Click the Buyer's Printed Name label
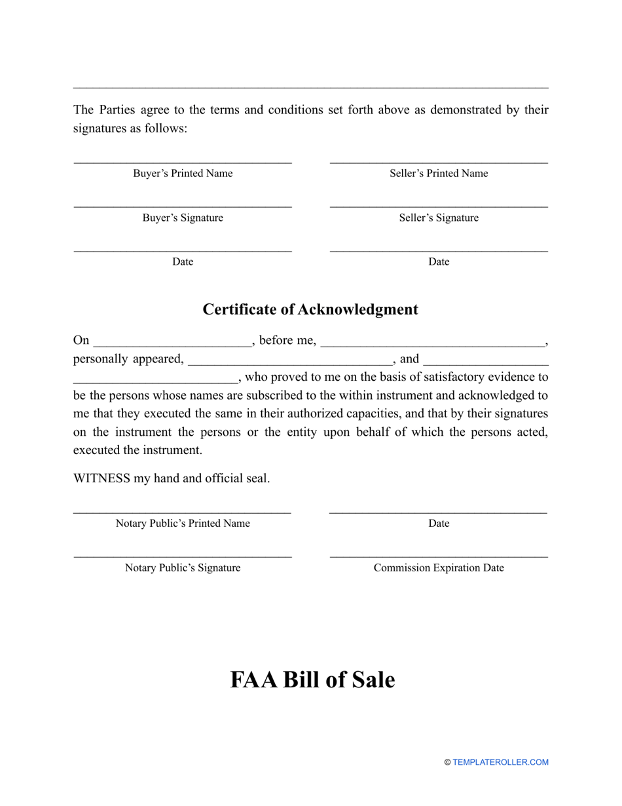[183, 174]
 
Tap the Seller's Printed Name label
[439, 174]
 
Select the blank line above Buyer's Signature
[183, 207]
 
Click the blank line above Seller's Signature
[439, 207]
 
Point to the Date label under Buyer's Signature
[183, 262]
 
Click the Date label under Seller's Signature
[439, 262]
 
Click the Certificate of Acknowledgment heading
[310, 309]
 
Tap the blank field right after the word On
[172, 342]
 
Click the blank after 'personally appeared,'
[289, 360]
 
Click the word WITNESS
[101, 478]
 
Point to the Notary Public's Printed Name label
[183, 524]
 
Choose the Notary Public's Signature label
[183, 568]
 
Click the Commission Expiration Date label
[439, 568]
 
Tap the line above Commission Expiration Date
[439, 557]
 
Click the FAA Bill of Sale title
[312, 680]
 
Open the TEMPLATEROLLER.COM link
[500, 762]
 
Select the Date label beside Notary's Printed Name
[439, 524]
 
